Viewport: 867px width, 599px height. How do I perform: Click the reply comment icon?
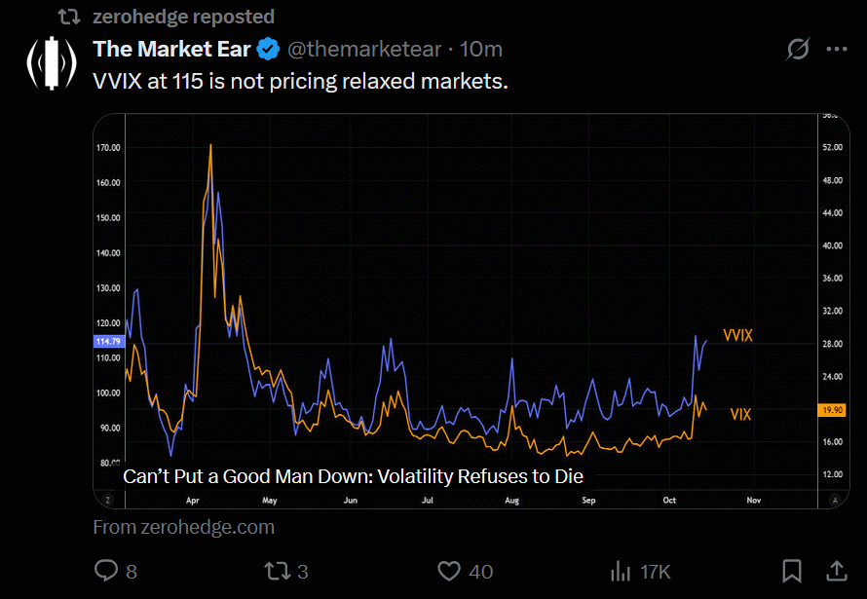[x=105, y=570]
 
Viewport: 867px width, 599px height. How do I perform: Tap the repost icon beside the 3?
[x=279, y=570]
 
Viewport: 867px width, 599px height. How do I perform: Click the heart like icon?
[x=448, y=570]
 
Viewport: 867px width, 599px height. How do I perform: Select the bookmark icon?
[x=792, y=570]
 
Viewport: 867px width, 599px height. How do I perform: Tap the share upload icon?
[x=836, y=570]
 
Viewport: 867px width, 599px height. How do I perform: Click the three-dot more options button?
[x=836, y=49]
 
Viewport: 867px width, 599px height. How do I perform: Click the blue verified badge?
[x=269, y=50]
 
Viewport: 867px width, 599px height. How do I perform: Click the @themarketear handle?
[x=365, y=50]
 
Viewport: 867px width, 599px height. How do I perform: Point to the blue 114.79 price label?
[x=107, y=341]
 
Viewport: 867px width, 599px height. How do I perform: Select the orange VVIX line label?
[x=738, y=335]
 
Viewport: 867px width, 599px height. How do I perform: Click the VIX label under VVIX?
[x=740, y=414]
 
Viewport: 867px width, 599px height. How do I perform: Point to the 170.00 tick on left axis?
[x=108, y=148]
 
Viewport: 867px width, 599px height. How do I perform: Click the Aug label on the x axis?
[x=511, y=500]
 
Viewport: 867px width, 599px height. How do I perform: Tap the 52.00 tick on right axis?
[x=831, y=147]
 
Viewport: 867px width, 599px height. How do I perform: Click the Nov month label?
[x=753, y=500]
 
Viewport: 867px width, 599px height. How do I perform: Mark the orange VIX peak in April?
[x=210, y=146]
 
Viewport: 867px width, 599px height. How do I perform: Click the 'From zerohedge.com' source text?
[x=183, y=527]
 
